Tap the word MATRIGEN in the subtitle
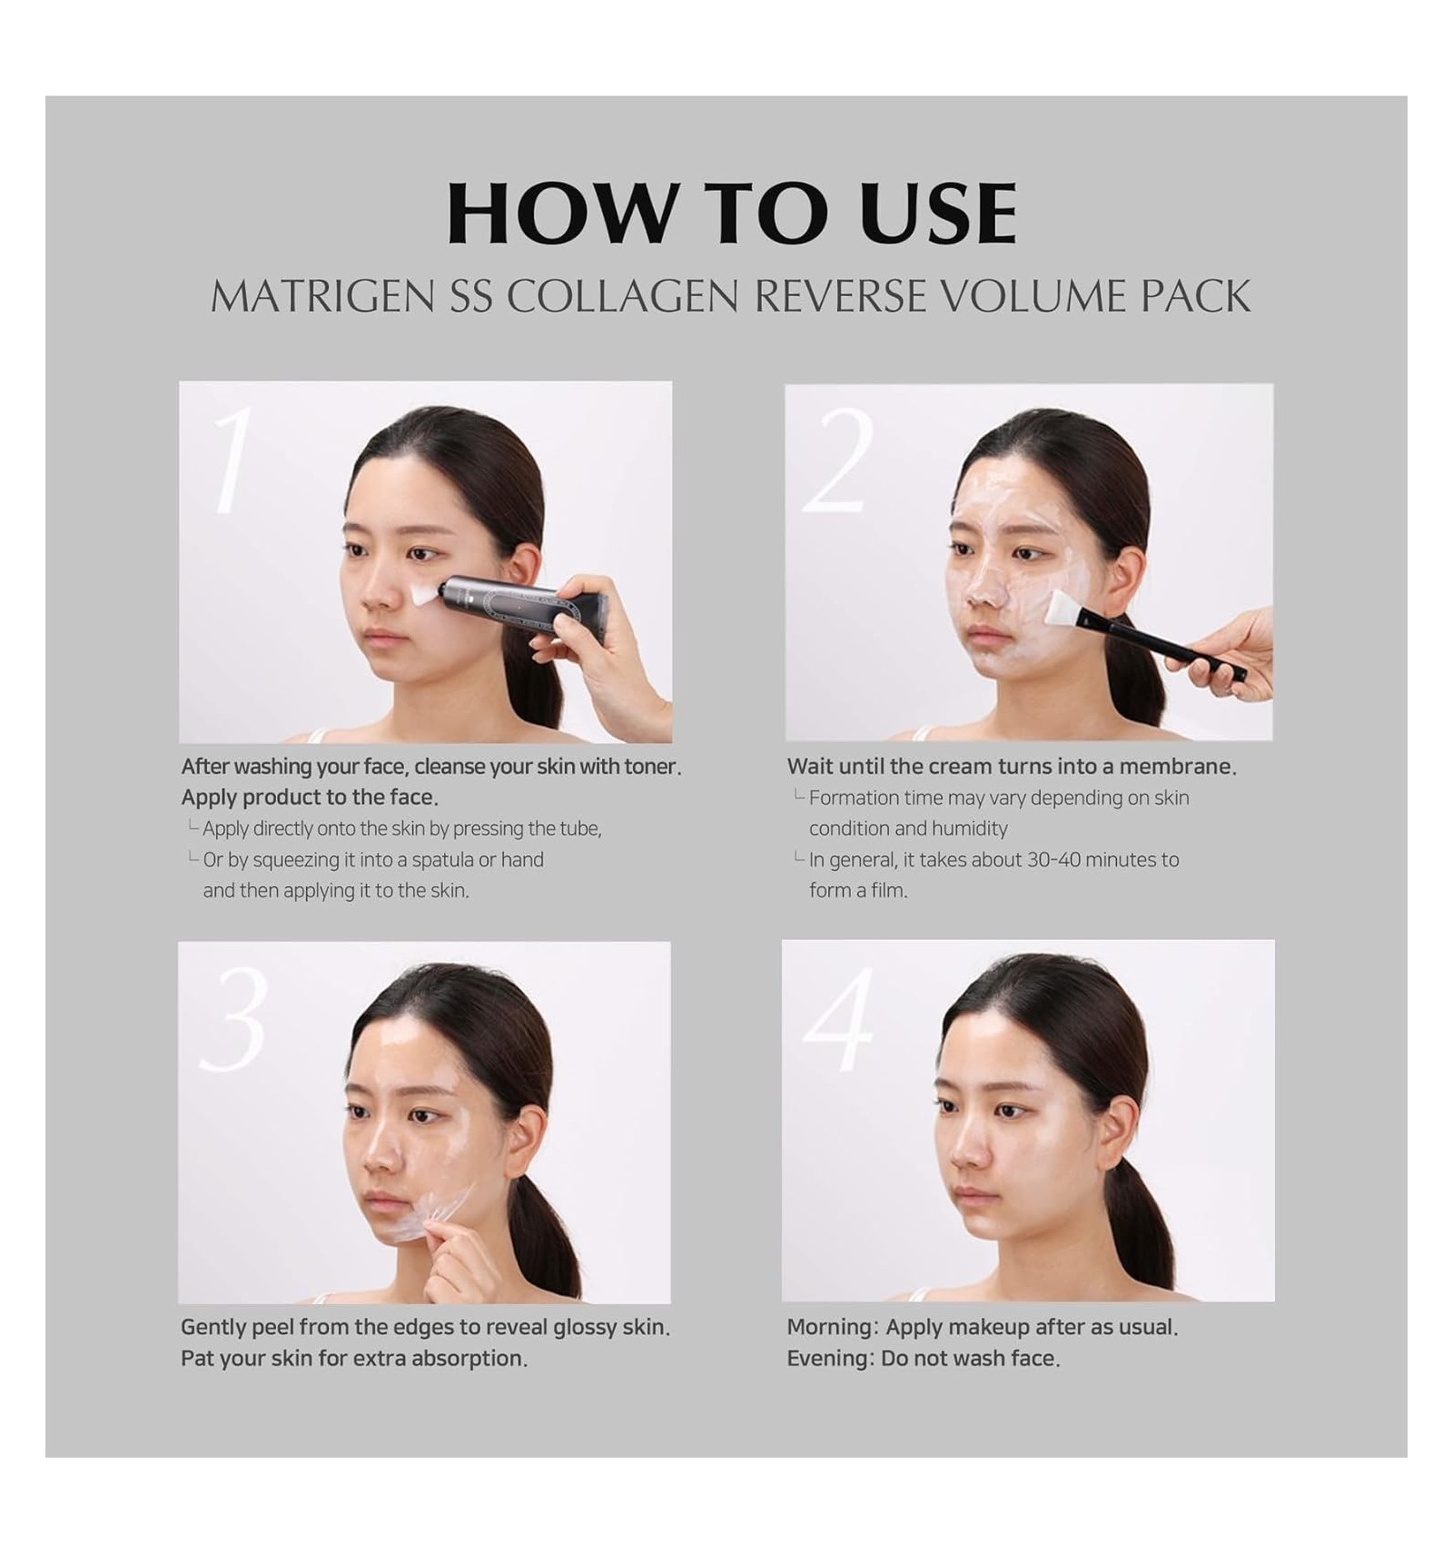(x=322, y=296)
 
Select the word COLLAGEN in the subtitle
(x=622, y=296)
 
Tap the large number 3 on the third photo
(x=235, y=1019)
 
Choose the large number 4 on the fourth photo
(x=837, y=1019)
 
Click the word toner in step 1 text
(x=652, y=767)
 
